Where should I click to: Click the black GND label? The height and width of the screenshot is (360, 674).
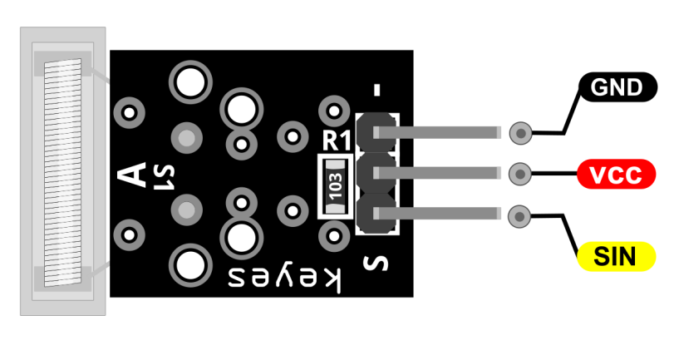point(617,86)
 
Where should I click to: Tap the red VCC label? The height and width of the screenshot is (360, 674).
point(616,175)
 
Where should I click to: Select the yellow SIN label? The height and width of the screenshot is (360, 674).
point(616,256)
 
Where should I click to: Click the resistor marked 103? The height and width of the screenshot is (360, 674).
point(335,185)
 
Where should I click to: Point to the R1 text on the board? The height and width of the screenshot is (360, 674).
point(337,141)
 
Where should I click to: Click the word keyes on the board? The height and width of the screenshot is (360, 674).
point(284,279)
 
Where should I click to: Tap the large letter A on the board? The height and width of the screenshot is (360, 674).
point(132,175)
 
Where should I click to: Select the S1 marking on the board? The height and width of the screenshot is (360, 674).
point(165,177)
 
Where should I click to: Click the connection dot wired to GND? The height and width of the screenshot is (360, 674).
point(520,133)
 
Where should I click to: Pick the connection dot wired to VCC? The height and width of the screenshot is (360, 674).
point(520,175)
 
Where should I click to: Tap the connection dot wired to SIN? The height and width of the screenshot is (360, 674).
point(519,216)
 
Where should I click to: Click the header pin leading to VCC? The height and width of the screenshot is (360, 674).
point(437,173)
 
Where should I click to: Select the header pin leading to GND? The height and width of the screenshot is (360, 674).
point(437,132)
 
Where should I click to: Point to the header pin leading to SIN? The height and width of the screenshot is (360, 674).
point(437,214)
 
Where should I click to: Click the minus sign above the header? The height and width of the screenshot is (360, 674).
point(377,90)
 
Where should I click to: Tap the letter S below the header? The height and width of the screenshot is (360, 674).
point(376,264)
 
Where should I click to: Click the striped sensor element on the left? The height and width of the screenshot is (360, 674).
point(63,173)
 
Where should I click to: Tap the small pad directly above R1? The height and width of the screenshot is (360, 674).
point(334,111)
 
